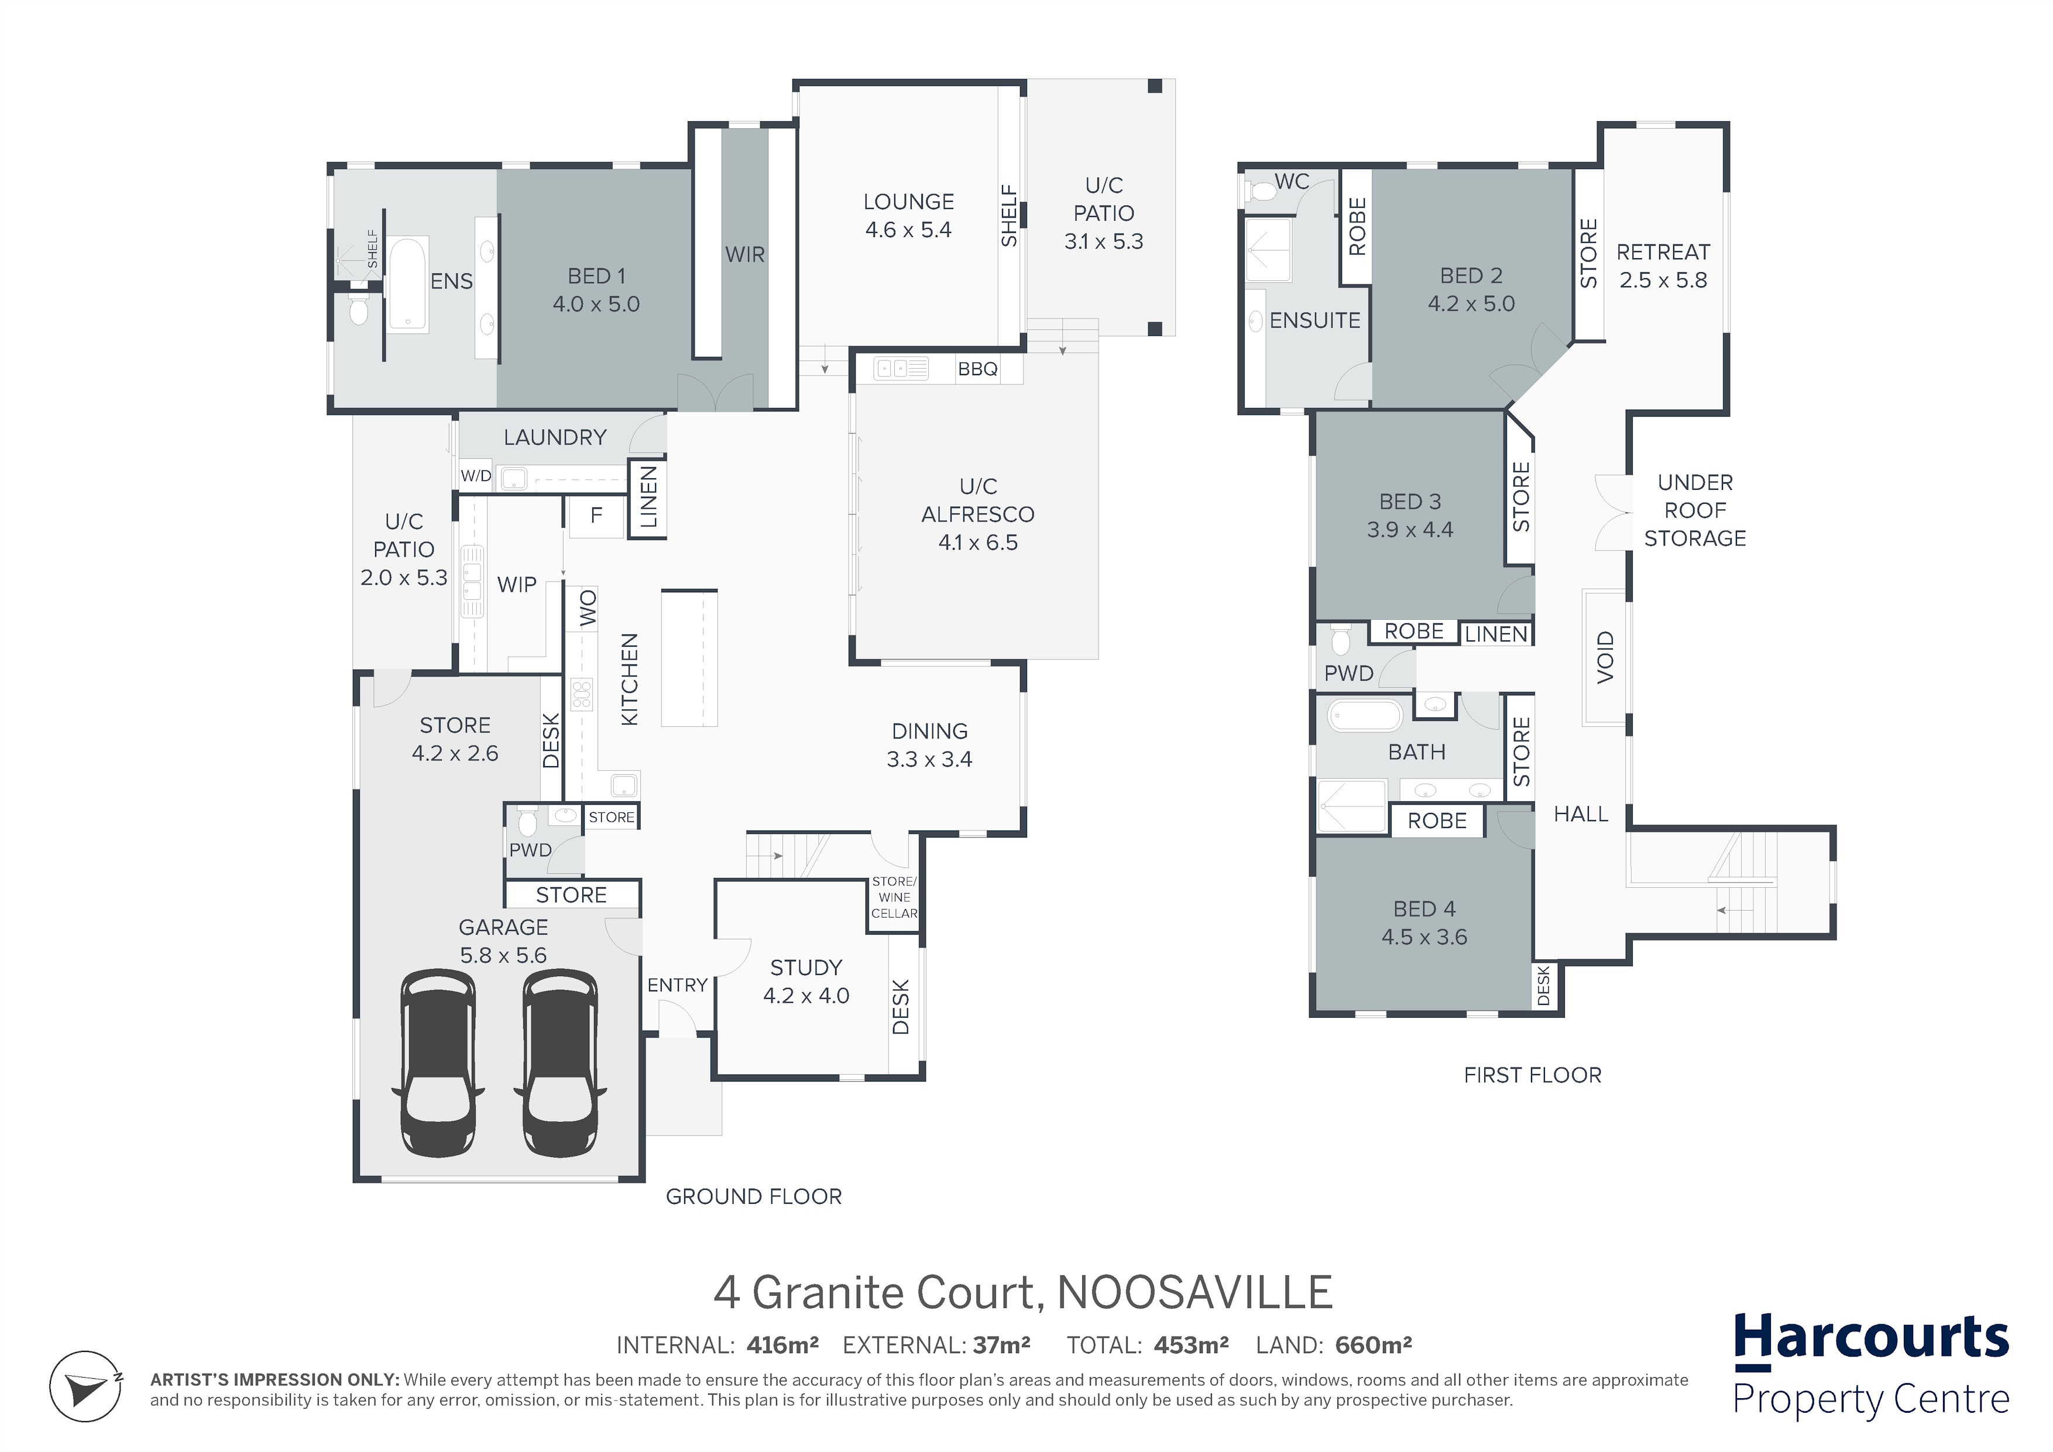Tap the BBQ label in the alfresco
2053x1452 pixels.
[977, 369]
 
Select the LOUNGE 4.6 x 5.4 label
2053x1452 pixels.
[908, 215]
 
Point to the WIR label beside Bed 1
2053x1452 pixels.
[745, 255]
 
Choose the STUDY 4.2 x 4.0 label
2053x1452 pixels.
[806, 981]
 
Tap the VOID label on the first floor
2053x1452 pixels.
[1606, 657]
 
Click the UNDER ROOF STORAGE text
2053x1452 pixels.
[1694, 510]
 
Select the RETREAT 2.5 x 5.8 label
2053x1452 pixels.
[1663, 266]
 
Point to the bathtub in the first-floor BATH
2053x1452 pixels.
[1365, 716]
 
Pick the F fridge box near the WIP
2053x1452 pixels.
[596, 517]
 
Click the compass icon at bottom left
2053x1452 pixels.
[86, 1386]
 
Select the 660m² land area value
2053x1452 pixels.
[1374, 1345]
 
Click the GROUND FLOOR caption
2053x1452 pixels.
[754, 1196]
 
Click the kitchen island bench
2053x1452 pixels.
[689, 658]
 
